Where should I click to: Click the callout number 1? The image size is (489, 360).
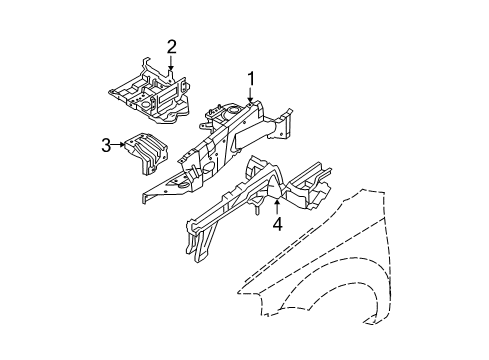coord(252,78)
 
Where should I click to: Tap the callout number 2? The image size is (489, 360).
coord(171,46)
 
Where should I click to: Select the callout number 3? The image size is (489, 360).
coord(106,146)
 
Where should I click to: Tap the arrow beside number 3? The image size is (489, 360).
coord(119,146)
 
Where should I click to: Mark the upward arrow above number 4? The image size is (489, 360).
coord(276,205)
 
